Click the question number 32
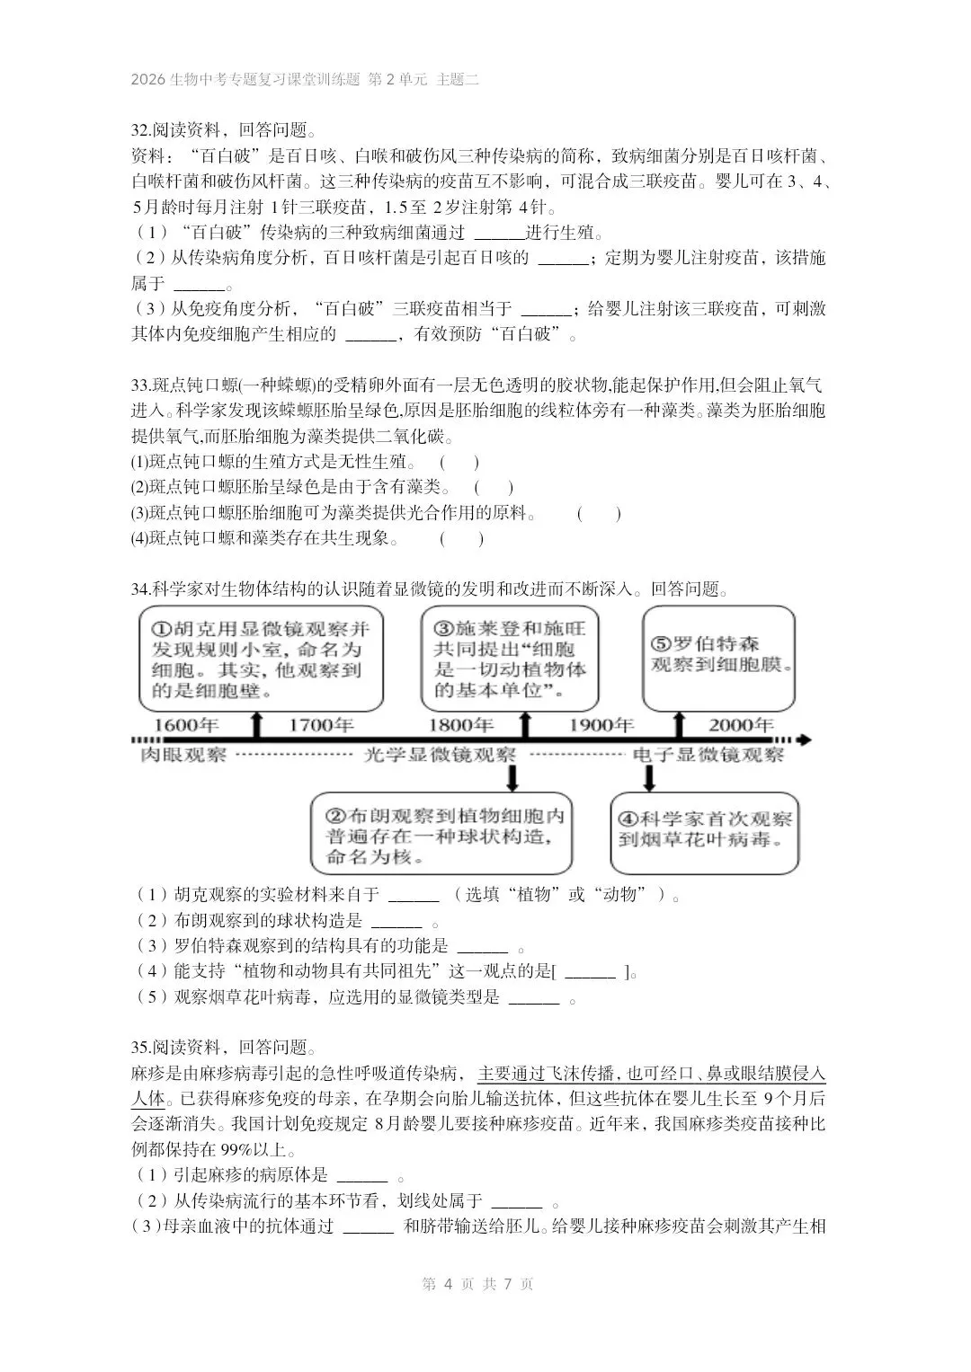140,129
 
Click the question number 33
140,386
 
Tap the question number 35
140,1048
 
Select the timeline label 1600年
186,725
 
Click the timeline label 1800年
460,725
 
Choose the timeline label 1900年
601,725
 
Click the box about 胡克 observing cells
261,659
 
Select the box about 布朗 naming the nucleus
441,834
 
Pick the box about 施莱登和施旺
510,659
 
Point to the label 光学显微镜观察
440,755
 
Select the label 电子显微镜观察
708,755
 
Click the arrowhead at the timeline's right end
806,739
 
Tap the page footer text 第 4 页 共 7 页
477,1284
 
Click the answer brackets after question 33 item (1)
459,464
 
